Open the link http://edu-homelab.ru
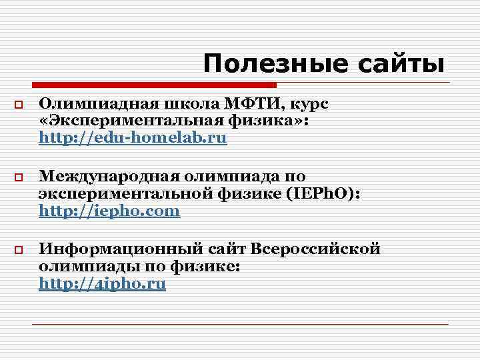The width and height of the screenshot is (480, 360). (133, 139)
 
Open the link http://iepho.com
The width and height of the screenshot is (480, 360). (109, 211)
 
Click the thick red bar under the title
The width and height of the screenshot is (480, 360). (153, 85)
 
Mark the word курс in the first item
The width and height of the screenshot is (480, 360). (311, 103)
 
